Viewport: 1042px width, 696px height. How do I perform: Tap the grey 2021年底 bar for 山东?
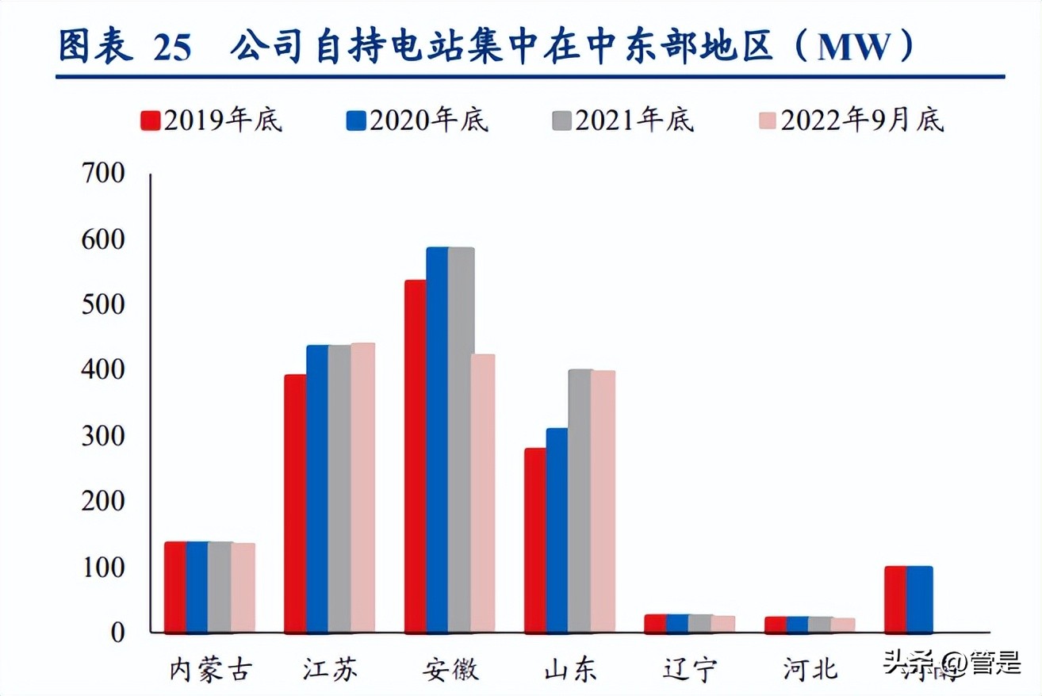pyautogui.click(x=580, y=501)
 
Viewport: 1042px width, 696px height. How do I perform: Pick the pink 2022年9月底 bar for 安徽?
pyautogui.click(x=482, y=493)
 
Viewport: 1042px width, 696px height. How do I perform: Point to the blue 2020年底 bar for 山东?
pyautogui.click(x=557, y=530)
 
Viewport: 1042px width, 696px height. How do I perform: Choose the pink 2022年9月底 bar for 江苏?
pyautogui.click(x=362, y=488)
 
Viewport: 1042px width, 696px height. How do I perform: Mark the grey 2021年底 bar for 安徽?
pyautogui.click(x=461, y=440)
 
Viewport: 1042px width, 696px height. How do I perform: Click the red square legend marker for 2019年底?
pyautogui.click(x=151, y=120)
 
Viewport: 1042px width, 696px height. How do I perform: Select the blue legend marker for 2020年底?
pyautogui.click(x=356, y=120)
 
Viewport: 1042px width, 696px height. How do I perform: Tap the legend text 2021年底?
pyautogui.click(x=634, y=120)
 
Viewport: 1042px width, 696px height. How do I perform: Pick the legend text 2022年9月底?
pyautogui.click(x=862, y=120)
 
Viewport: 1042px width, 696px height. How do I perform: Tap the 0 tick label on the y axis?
pyautogui.click(x=117, y=633)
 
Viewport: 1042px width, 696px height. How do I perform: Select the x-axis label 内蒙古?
pyautogui.click(x=210, y=670)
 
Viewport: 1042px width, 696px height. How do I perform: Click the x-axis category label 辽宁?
pyautogui.click(x=690, y=670)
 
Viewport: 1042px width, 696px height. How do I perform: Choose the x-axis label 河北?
pyautogui.click(x=810, y=670)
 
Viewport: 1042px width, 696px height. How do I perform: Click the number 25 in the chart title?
pyautogui.click(x=172, y=49)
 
